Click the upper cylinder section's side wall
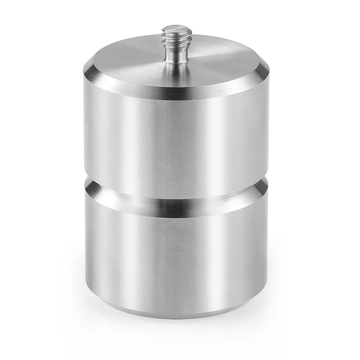(176, 137)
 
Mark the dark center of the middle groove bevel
(176, 205)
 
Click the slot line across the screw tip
(176, 27)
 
